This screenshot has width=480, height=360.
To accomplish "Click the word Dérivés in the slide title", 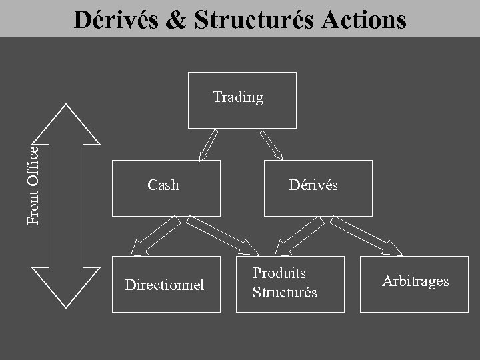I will coord(114,19).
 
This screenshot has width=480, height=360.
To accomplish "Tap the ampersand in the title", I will coord(175,20).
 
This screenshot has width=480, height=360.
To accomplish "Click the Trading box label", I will coord(238,97).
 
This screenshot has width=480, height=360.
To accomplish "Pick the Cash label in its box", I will coord(163,185).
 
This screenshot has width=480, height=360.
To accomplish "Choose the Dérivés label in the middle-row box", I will coord(313,185).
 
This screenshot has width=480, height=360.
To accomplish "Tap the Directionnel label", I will coord(164,285).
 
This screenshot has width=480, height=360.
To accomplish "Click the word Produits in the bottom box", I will coord(279,273).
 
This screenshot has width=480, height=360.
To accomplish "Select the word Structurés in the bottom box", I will coord(285,292).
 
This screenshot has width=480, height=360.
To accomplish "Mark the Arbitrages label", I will coord(415,281).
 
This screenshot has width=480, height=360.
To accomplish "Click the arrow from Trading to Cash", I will coord(209,145).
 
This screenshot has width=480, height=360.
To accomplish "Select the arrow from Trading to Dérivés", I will coord(271,145).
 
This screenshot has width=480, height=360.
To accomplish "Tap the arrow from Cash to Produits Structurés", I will coord(223,236).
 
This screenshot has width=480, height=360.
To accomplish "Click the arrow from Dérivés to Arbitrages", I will coord(371,236).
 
